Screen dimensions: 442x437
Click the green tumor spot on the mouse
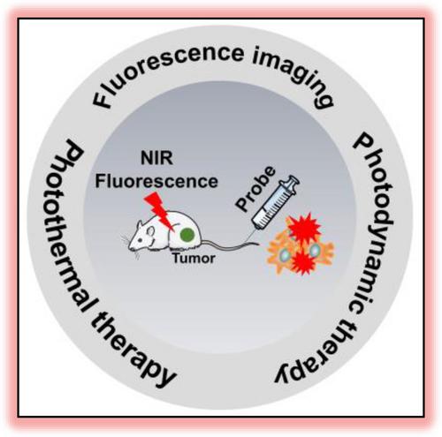187,235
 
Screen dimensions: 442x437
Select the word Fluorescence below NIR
156,181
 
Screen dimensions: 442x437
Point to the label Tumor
194,259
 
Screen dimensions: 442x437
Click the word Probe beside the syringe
256,188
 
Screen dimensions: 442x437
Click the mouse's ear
150,231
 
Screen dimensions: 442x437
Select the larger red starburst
304,228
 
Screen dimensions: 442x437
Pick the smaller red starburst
303,261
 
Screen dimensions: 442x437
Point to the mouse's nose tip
130,246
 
